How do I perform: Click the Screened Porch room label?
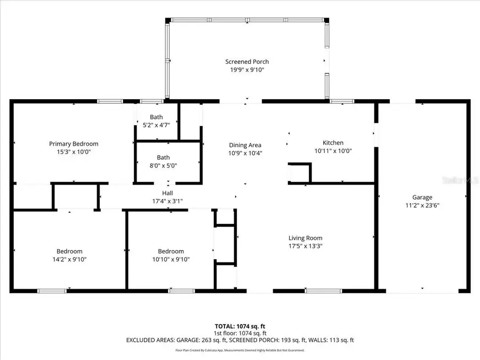tap(246, 62)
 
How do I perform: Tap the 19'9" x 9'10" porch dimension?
tap(246, 70)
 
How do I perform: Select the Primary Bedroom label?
tap(74, 143)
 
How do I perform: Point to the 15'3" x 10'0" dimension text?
tap(74, 151)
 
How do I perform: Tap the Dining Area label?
tap(245, 145)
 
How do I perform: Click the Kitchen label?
tap(333, 142)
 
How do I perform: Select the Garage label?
tap(422, 197)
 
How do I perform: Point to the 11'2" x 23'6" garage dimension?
tap(422, 205)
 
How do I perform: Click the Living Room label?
tap(305, 238)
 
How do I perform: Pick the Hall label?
tap(167, 193)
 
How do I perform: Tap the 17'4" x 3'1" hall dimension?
tap(167, 201)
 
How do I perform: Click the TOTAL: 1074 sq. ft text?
tap(240, 325)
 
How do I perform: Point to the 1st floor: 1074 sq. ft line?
tap(240, 332)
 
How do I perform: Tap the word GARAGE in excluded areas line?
tap(204, 340)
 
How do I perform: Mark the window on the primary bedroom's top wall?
tap(110, 101)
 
